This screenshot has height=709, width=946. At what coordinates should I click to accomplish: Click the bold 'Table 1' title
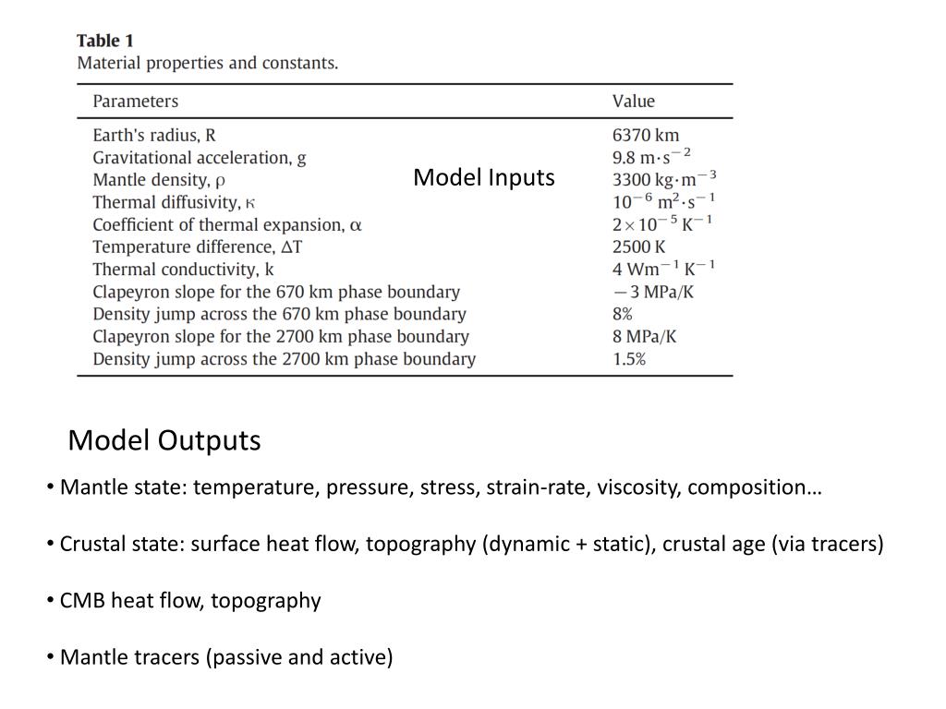pyautogui.click(x=104, y=41)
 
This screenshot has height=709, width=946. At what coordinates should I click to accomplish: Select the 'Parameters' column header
pyautogui.click(x=135, y=102)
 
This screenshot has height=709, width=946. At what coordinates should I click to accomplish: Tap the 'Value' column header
pyautogui.click(x=633, y=102)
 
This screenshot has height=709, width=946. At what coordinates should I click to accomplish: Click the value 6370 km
pyautogui.click(x=646, y=135)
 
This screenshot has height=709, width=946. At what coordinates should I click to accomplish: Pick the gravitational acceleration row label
pyautogui.click(x=200, y=157)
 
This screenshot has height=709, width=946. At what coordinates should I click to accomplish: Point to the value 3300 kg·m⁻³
pyautogui.click(x=664, y=179)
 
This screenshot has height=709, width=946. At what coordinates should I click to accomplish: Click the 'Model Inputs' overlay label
pyautogui.click(x=484, y=177)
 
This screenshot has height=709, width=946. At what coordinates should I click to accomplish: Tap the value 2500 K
pyautogui.click(x=638, y=246)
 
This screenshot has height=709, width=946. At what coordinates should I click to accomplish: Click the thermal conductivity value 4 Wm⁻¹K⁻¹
pyautogui.click(x=663, y=269)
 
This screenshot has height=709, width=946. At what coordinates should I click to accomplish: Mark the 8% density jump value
pyautogui.click(x=623, y=314)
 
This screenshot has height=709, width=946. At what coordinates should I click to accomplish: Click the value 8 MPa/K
pyautogui.click(x=644, y=336)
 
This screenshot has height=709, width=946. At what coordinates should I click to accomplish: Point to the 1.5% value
pyautogui.click(x=629, y=358)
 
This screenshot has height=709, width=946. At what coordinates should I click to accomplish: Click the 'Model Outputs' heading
pyautogui.click(x=164, y=440)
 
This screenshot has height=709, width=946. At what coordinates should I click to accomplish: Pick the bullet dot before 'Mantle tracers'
pyautogui.click(x=50, y=657)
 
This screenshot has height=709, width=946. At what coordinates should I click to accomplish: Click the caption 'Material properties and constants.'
pyautogui.click(x=208, y=64)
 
